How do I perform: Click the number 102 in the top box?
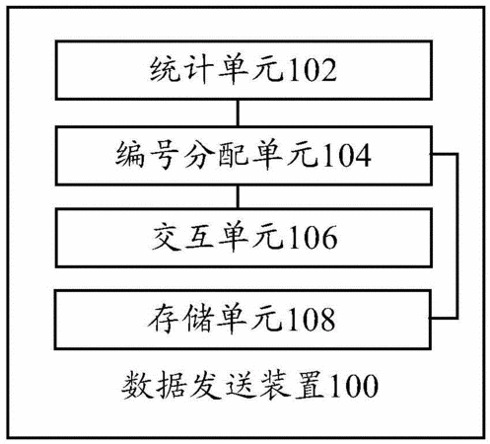(x=313, y=70)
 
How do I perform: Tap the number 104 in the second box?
(x=347, y=155)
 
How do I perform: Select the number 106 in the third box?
(x=313, y=237)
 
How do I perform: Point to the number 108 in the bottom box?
(x=312, y=319)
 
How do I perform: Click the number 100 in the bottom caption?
(x=353, y=386)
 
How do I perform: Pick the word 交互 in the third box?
(x=184, y=237)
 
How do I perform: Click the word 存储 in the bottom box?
(x=181, y=319)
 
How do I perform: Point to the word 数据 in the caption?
(x=155, y=386)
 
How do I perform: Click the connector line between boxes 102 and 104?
(x=238, y=112)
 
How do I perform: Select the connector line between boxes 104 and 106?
(x=238, y=196)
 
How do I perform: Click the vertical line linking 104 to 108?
(x=456, y=236)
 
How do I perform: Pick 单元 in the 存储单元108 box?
(x=250, y=319)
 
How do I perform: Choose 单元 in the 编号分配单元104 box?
(x=286, y=155)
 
